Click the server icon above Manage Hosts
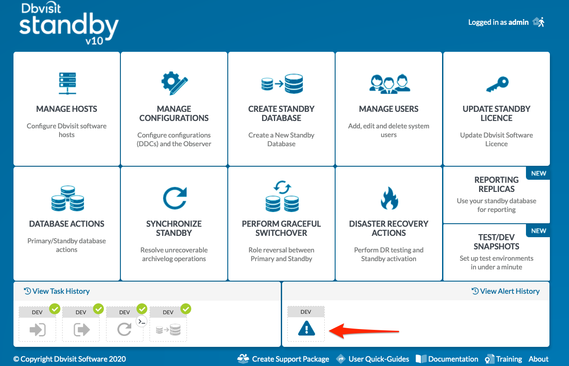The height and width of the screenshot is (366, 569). point(67,84)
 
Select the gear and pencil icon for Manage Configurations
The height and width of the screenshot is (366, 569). point(174,83)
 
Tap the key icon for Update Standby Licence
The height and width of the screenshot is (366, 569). point(497,84)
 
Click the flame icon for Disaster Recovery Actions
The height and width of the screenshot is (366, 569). point(389,198)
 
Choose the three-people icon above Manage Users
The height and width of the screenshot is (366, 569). point(389,84)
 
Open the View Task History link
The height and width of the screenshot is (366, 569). point(57,291)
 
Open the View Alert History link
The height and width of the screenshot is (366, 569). point(506,291)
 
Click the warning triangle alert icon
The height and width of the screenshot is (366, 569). point(306,328)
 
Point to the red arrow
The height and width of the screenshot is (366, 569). point(364,331)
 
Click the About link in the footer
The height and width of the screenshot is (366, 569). point(539,359)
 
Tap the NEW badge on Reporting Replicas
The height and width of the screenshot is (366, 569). point(539,173)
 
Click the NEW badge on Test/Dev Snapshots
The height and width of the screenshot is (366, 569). point(539,231)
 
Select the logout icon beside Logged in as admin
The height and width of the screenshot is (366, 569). point(539,22)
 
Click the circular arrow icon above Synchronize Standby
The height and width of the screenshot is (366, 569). point(175,198)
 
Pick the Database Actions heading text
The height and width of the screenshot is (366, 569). point(67,224)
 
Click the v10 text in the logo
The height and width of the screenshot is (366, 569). point(94,41)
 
